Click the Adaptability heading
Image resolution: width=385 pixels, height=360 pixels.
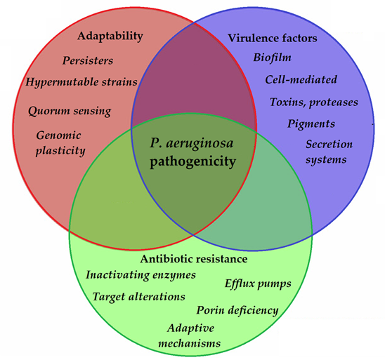click(110, 36)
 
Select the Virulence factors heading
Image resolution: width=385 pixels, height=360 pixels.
click(273, 38)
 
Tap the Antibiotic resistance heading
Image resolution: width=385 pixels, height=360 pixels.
click(194, 259)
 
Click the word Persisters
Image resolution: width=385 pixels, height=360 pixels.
click(88, 60)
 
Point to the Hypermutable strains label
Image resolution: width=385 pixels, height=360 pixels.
click(81, 82)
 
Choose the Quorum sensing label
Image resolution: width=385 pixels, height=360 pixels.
click(70, 111)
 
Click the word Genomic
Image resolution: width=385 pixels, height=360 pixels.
click(58, 135)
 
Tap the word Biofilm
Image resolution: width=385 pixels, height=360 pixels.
click(273, 58)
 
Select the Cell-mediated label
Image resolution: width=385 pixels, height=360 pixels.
click(301, 79)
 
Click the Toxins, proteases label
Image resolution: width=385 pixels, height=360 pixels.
click(314, 102)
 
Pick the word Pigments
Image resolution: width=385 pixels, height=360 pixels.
click(311, 124)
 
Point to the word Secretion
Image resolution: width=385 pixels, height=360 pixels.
click(329, 144)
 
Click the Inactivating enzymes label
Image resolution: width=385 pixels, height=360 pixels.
click(141, 275)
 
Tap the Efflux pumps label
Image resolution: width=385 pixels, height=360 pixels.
click(258, 284)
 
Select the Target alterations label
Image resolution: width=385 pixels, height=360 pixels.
click(138, 296)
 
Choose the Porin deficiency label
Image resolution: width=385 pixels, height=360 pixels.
click(237, 310)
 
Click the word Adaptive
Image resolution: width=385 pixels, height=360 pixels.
click(190, 328)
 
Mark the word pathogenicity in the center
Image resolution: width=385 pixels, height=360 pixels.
click(192, 162)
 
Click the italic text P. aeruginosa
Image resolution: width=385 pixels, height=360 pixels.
click(192, 143)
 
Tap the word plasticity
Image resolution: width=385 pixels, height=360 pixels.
click(60, 151)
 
